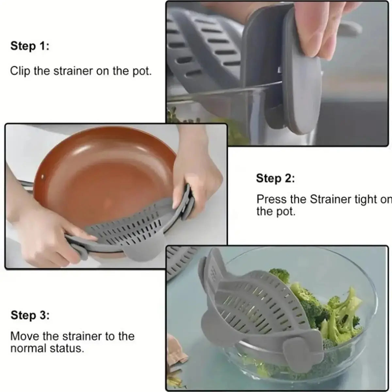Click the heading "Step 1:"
tap(30, 46)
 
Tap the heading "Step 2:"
tap(275, 179)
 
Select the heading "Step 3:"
tap(30, 316)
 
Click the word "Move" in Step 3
tap(23, 336)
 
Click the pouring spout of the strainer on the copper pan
tap(144, 253)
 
